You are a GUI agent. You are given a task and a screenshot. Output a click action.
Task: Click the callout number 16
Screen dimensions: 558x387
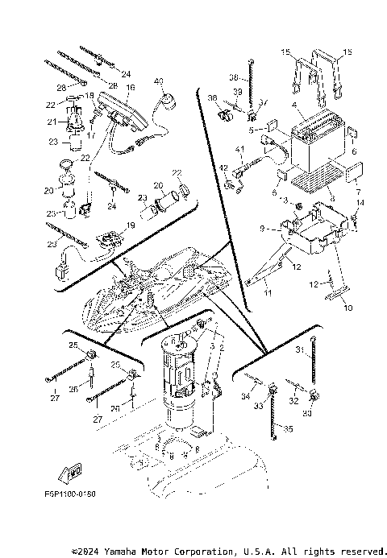tap(130, 86)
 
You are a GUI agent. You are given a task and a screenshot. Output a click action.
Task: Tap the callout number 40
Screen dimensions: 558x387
tap(159, 81)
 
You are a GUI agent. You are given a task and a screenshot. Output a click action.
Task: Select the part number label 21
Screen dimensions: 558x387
tap(51, 122)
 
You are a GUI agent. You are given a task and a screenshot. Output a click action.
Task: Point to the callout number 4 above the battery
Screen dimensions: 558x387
tap(295, 105)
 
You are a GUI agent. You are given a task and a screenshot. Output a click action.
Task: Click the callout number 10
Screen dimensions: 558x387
tap(348, 308)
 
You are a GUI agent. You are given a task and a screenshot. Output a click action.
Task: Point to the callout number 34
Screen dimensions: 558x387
tap(244, 395)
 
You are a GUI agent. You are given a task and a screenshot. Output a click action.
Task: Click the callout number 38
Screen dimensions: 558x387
tap(233, 77)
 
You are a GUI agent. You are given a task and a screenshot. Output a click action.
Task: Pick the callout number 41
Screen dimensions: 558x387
tap(239, 150)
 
